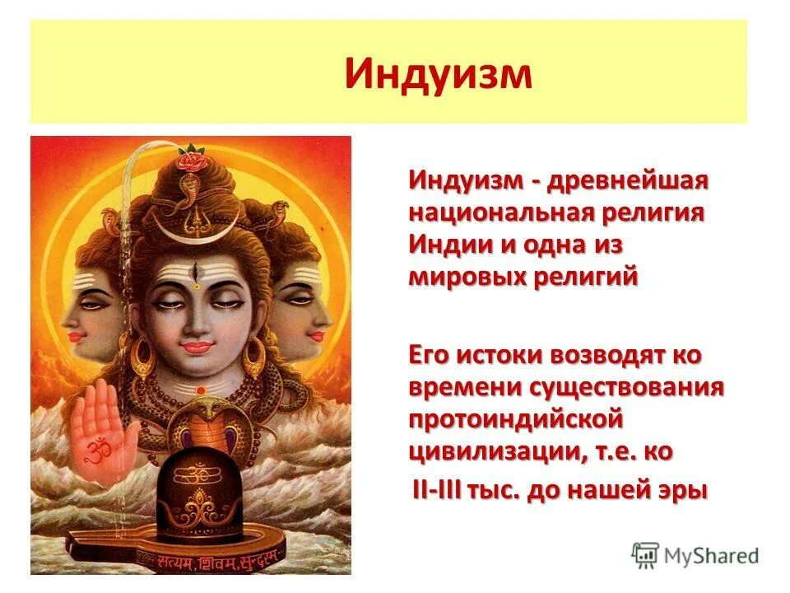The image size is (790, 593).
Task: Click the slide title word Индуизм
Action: click(438, 72)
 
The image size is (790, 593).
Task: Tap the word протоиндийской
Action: click(515, 419)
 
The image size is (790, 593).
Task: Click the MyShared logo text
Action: click(709, 555)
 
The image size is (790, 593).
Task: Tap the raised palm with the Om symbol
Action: click(103, 427)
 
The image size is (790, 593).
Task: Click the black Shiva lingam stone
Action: click(200, 494)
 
